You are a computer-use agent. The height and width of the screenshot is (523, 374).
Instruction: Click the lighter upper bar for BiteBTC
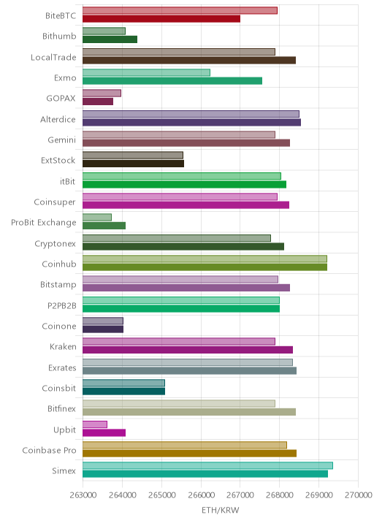pyautogui.click(x=180, y=10)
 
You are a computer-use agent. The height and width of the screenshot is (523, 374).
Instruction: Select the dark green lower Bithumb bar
pyautogui.click(x=110, y=39)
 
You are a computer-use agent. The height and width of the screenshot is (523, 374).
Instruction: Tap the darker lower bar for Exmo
pyautogui.click(x=172, y=81)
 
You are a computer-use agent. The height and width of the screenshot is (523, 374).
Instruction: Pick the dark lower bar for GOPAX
pyautogui.click(x=98, y=102)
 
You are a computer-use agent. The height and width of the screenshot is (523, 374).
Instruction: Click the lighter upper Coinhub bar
pyautogui.click(x=205, y=259)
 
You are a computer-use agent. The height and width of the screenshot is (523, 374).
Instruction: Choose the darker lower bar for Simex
pyautogui.click(x=205, y=474)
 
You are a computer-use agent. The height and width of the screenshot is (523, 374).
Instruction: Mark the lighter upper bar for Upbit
pyautogui.click(x=95, y=424)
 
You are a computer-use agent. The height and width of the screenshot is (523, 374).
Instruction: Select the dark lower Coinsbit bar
pyautogui.click(x=123, y=392)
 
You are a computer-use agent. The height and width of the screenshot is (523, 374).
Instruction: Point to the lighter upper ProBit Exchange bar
pyautogui.click(x=97, y=218)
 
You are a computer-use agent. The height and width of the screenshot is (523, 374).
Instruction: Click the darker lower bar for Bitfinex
pyautogui.click(x=189, y=412)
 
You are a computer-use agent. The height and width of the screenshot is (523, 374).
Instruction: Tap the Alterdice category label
pyautogui.click(x=58, y=119)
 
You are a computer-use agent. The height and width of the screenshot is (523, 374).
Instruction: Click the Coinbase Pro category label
pyautogui.click(x=50, y=450)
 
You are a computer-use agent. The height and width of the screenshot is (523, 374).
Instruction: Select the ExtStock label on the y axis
pyautogui.click(x=58, y=161)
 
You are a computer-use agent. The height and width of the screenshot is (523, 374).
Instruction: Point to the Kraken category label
pyautogui.click(x=63, y=347)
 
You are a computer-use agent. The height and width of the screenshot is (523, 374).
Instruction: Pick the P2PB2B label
pyautogui.click(x=62, y=305)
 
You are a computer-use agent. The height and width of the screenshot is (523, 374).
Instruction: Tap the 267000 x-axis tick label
pyautogui.click(x=240, y=495)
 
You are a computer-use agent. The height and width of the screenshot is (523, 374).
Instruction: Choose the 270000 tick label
pyautogui.click(x=359, y=495)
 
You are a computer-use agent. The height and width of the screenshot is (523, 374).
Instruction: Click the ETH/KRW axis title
pyautogui.click(x=221, y=510)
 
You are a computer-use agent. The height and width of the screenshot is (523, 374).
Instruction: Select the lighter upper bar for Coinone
pyautogui.click(x=103, y=321)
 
